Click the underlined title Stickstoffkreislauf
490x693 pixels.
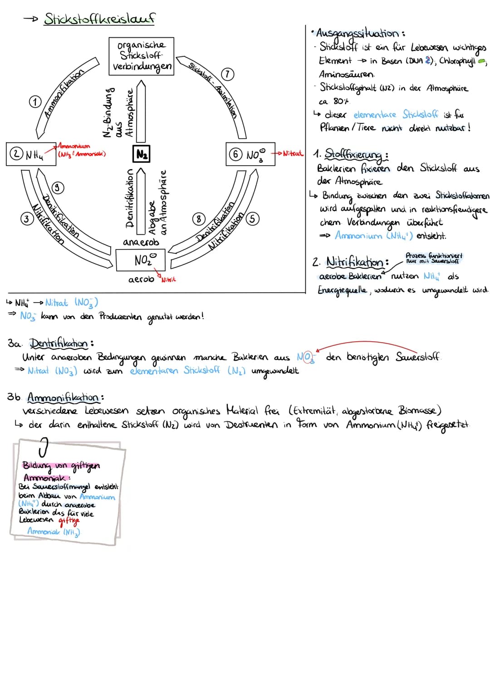[x=99, y=19]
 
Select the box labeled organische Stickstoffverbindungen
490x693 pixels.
[x=142, y=56]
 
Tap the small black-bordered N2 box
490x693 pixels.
[x=142, y=154]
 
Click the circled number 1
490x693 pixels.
[x=35, y=102]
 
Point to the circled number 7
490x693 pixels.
[x=227, y=74]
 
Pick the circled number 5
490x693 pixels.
[x=252, y=219]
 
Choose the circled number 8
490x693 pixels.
[x=198, y=219]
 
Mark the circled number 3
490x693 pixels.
[x=27, y=219]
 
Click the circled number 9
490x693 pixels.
[x=58, y=187]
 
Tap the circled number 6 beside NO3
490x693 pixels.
[x=235, y=154]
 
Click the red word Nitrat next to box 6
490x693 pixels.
[x=292, y=154]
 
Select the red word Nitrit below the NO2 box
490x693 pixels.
[x=168, y=280]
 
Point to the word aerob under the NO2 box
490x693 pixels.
[x=141, y=280]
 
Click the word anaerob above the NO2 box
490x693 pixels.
[x=141, y=242]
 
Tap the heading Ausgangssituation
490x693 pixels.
[x=358, y=33]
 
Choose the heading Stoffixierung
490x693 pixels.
[x=354, y=154]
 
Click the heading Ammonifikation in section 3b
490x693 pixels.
[x=63, y=398]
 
